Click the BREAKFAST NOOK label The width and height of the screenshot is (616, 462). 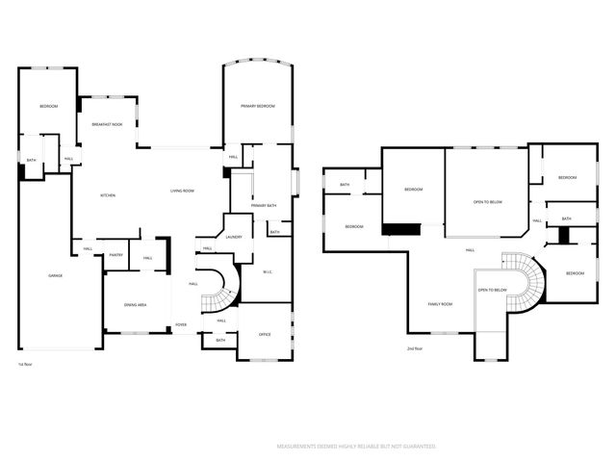pos(107,125)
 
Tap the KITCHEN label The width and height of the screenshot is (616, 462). pos(109,195)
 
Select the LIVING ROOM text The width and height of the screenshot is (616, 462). pos(182,192)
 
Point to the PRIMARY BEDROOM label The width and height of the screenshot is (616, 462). pos(258,106)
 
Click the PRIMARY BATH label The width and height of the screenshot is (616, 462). pos(264,206)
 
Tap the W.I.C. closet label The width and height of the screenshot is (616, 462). pos(269,271)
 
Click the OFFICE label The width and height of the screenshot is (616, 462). pos(265,334)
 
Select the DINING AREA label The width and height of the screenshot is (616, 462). pos(135,305)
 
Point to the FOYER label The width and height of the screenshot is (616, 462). pos(181,324)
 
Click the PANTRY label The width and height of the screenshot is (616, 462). pos(115,255)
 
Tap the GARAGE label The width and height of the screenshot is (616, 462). pos(56,276)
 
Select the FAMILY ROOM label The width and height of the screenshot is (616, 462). pos(440,304)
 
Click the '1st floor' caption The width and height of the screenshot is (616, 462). pos(24,365)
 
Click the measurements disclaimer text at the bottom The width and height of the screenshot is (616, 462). pos(356,447)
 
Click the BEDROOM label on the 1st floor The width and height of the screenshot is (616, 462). pos(48,106)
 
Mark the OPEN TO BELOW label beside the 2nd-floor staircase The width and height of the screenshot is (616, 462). pos(492,290)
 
